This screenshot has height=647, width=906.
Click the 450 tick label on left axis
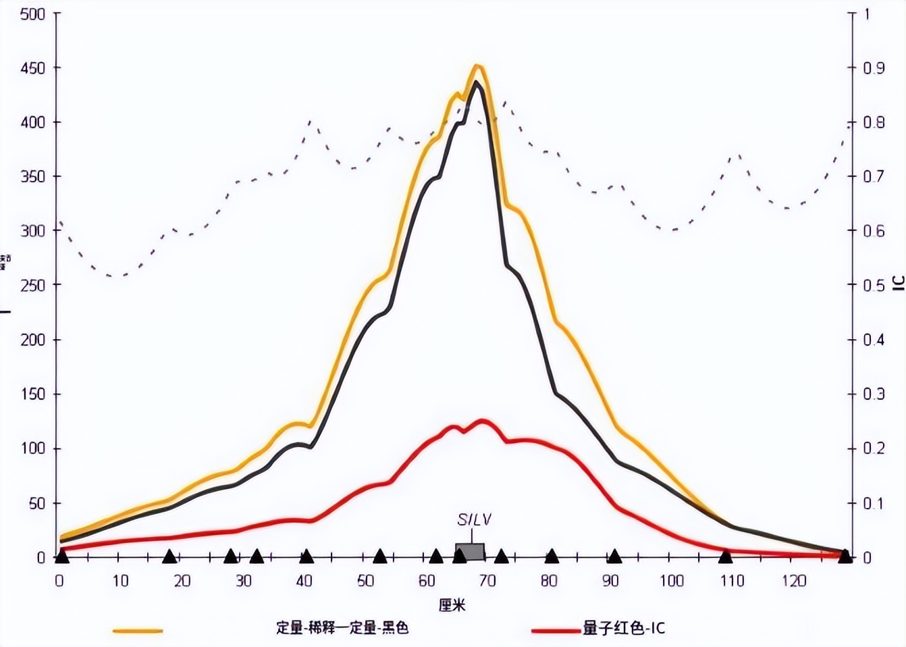pos(32,68)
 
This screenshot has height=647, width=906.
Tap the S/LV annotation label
pos(474,519)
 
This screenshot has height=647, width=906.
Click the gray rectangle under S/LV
pos(470,551)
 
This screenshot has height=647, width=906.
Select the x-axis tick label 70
pos(487,581)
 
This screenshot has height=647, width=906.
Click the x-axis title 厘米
pos(452,604)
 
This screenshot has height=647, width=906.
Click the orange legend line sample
pos(138,631)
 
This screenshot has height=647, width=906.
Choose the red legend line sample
pos(556,631)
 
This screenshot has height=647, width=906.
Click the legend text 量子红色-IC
pos(624,628)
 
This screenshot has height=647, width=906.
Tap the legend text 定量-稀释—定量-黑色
pos(342,628)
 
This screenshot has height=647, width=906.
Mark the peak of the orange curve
pos(477,66)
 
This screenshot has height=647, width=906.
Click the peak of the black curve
pos(477,82)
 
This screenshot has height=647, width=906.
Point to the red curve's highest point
pos(483,420)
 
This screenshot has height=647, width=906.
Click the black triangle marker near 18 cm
pos(169,556)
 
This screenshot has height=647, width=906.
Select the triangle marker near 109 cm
pos(725,556)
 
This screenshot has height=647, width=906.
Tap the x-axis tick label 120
pos(793,581)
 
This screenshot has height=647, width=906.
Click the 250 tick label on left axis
pos(32,285)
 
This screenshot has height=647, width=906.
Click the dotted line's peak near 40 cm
pos(310,122)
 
